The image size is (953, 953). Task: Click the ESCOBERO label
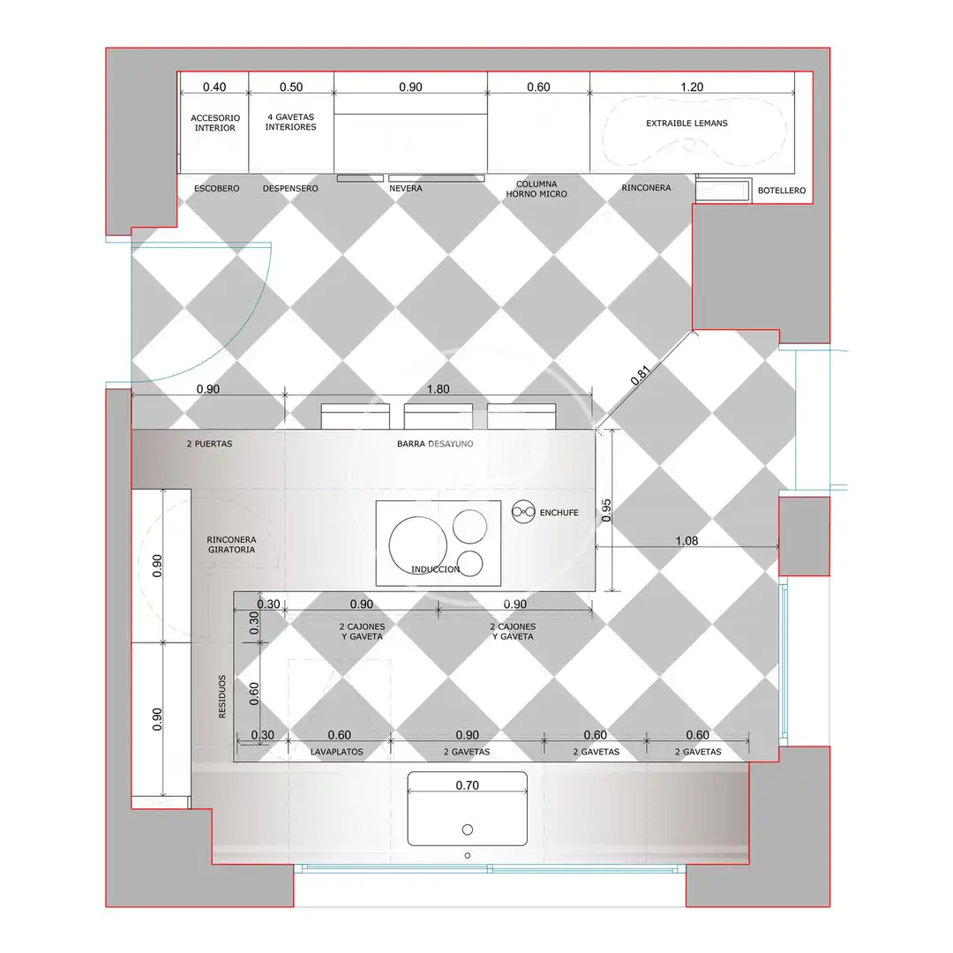pyautogui.click(x=216, y=189)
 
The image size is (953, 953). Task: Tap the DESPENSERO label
pyautogui.click(x=290, y=189)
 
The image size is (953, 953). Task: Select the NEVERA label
pyautogui.click(x=405, y=189)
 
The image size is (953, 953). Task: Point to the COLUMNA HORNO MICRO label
pyautogui.click(x=537, y=189)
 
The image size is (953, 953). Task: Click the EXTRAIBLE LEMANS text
pyautogui.click(x=687, y=124)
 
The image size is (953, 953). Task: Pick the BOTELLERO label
pyautogui.click(x=782, y=191)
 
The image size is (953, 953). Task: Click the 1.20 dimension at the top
pyautogui.click(x=692, y=86)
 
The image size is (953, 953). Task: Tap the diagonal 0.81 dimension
pyautogui.click(x=640, y=375)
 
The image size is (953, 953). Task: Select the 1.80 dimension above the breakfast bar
pyautogui.click(x=439, y=389)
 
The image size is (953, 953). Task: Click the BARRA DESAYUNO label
pyautogui.click(x=435, y=444)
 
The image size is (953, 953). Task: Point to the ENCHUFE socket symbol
pyautogui.click(x=523, y=513)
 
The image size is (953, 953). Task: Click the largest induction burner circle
pyautogui.click(x=418, y=546)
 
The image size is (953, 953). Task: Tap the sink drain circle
pyautogui.click(x=468, y=829)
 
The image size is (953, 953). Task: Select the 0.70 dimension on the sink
pyautogui.click(x=468, y=785)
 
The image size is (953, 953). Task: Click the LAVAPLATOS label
pyautogui.click(x=337, y=752)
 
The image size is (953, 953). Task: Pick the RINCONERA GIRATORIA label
pyautogui.click(x=231, y=544)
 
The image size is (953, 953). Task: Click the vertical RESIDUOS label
pyautogui.click(x=221, y=696)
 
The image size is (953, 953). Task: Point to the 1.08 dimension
pyautogui.click(x=687, y=540)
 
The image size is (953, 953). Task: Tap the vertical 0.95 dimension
pyautogui.click(x=606, y=511)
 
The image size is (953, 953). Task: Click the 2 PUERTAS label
pyautogui.click(x=210, y=444)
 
